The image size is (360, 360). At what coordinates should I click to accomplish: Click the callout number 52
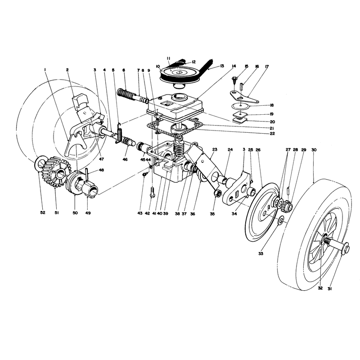pos(43,212)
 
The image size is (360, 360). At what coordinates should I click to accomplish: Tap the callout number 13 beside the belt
pos(221,66)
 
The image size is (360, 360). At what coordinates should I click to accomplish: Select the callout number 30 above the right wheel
pos(314,150)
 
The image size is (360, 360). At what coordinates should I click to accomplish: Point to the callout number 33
pos(261,254)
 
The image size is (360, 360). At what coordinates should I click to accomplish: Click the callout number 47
pos(101,159)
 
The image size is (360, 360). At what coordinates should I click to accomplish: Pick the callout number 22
pos(272,134)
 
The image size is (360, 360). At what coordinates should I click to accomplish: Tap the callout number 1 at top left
pos(45,70)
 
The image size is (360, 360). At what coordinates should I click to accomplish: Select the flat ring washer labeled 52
pos(40,162)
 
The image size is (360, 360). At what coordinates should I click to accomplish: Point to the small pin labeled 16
pos(243,87)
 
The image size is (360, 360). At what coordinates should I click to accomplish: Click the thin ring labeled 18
pos(240,107)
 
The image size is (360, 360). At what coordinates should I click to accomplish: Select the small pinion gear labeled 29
pos(288,203)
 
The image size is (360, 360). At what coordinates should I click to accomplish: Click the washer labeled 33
pos(281,221)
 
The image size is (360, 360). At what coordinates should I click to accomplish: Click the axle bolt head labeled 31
pos(346,250)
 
